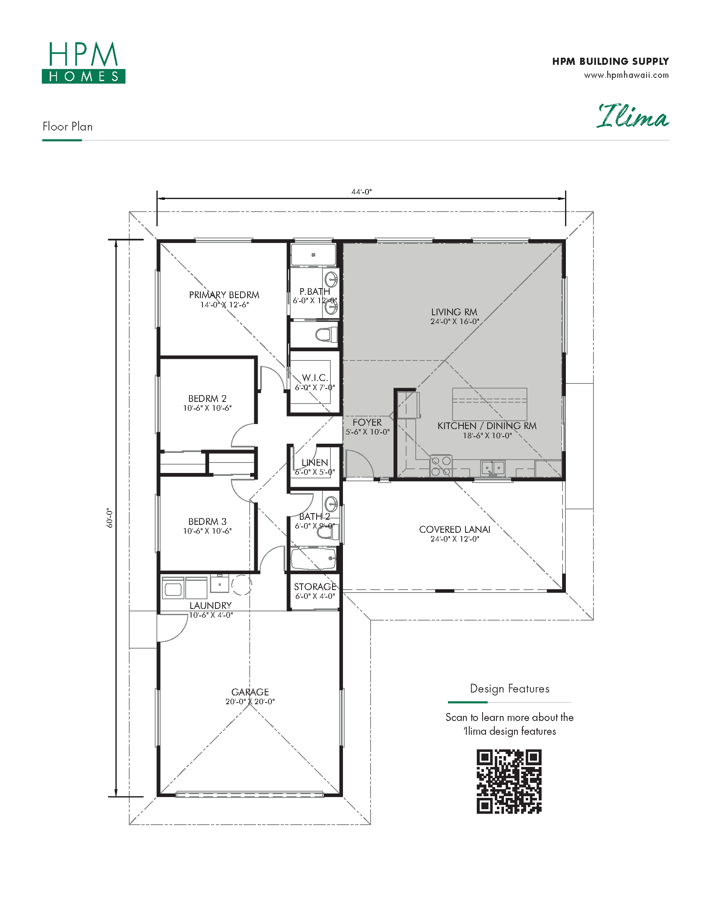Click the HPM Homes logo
[83, 62]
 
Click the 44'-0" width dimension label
[361, 192]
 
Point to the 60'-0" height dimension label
[110, 518]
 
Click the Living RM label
[454, 312]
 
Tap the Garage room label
[250, 692]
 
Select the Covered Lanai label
[455, 529]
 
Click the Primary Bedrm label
[224, 295]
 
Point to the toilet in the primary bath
[327, 335]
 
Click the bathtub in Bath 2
[314, 559]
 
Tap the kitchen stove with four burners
[440, 466]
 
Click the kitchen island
[489, 404]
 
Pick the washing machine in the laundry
[173, 588]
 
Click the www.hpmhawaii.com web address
[627, 75]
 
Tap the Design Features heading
[510, 689]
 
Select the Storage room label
[315, 587]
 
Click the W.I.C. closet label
[315, 378]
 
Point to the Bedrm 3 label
[207, 521]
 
